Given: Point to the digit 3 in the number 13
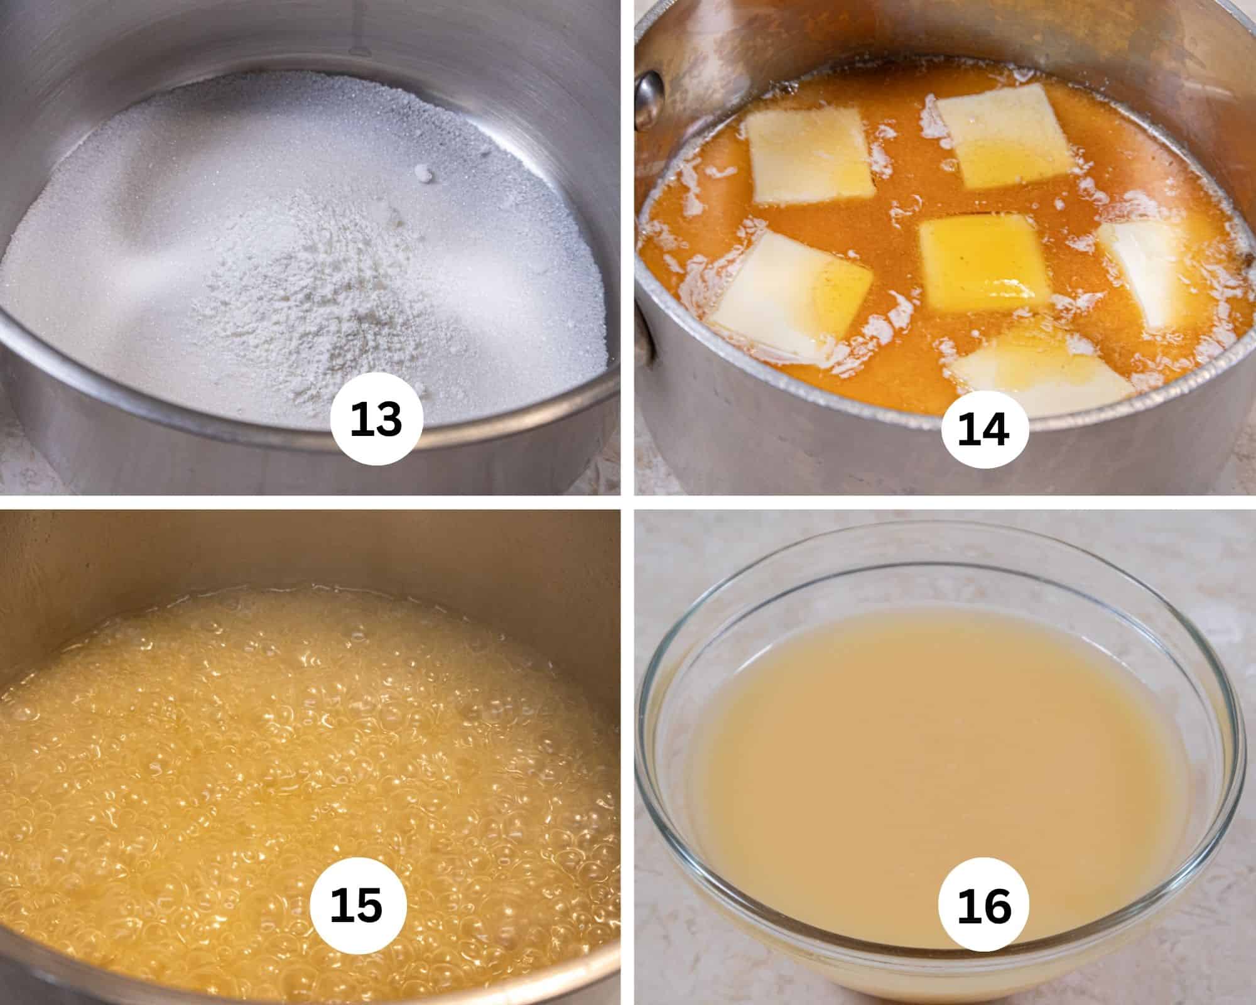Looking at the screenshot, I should (390, 419).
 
